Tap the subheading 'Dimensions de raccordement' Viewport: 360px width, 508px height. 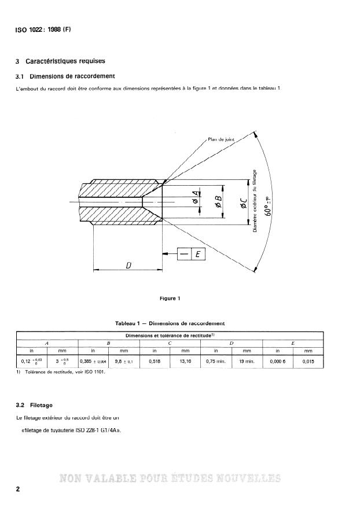(72, 76)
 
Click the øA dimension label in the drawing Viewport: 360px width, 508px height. (196, 200)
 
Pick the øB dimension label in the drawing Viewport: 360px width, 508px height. (219, 200)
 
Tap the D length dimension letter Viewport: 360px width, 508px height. (127, 264)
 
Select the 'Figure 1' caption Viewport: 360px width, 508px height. (171, 299)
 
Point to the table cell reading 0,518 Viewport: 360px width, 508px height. (154, 362)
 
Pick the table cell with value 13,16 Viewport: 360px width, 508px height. (185, 362)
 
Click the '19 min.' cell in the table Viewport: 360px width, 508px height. (247, 362)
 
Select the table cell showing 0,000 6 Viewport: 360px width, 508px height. (278, 362)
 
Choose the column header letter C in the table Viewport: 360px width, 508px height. (170, 343)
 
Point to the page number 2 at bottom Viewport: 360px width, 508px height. (18, 489)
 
